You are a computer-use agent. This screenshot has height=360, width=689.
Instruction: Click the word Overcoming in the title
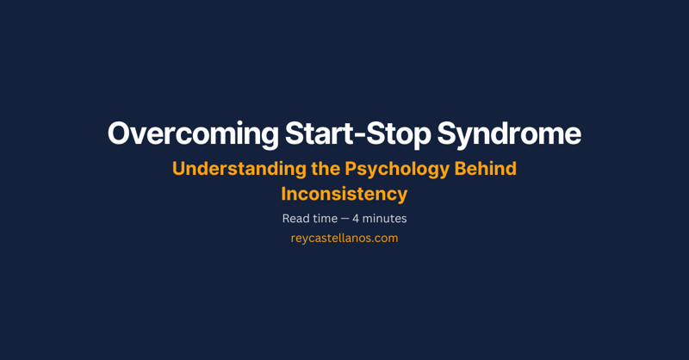(x=191, y=134)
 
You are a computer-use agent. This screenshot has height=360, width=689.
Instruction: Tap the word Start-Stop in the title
(x=357, y=134)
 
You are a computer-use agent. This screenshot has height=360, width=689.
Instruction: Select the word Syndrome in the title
(x=509, y=134)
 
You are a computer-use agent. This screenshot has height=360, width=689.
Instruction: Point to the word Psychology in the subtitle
(x=392, y=169)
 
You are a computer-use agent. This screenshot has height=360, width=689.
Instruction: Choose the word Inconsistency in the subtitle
(x=344, y=194)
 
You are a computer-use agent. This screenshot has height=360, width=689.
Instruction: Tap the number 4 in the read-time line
(x=357, y=219)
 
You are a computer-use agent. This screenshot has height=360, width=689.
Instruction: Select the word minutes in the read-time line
(x=386, y=219)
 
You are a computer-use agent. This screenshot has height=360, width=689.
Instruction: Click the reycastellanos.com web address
(x=344, y=239)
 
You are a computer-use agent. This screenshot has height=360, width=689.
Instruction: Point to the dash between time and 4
(x=344, y=220)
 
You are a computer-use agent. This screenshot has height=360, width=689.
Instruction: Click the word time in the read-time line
(x=325, y=219)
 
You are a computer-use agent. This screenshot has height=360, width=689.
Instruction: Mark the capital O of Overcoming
(x=119, y=134)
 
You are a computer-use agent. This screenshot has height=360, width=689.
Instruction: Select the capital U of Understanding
(x=179, y=169)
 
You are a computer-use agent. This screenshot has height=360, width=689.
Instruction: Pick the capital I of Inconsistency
(x=284, y=194)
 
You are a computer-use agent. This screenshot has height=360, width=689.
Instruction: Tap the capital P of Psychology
(x=351, y=169)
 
